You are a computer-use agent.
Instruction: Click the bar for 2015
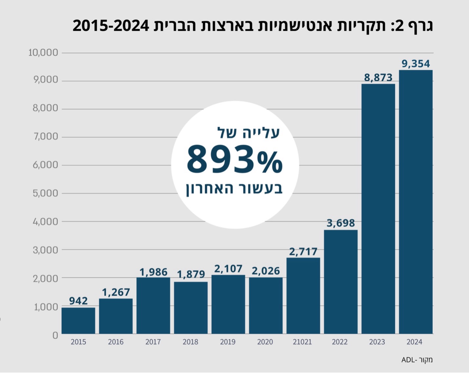pos(78,321)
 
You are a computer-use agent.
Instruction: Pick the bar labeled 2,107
pos(228,304)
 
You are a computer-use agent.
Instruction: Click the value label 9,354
pos(416,64)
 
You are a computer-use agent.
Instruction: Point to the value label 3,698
pos(340,223)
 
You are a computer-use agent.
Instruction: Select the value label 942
pos(78,301)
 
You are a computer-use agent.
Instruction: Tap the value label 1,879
pos(191,274)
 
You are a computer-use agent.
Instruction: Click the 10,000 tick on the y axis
pos(43,52)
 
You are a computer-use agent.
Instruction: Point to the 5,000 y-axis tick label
pos(45,193)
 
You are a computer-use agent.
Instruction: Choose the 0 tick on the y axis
pos(55,335)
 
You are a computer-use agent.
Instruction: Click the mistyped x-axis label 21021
pos(302,342)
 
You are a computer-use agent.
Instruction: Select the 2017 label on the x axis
pos(153,342)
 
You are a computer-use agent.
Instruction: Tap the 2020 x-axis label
pos(265,342)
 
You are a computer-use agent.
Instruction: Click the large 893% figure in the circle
pos(234,159)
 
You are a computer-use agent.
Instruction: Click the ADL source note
pos(417,360)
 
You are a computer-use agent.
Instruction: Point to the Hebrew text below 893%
pos(234,189)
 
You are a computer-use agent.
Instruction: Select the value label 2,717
pos(303,252)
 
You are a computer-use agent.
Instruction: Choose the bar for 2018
pos(191,308)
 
